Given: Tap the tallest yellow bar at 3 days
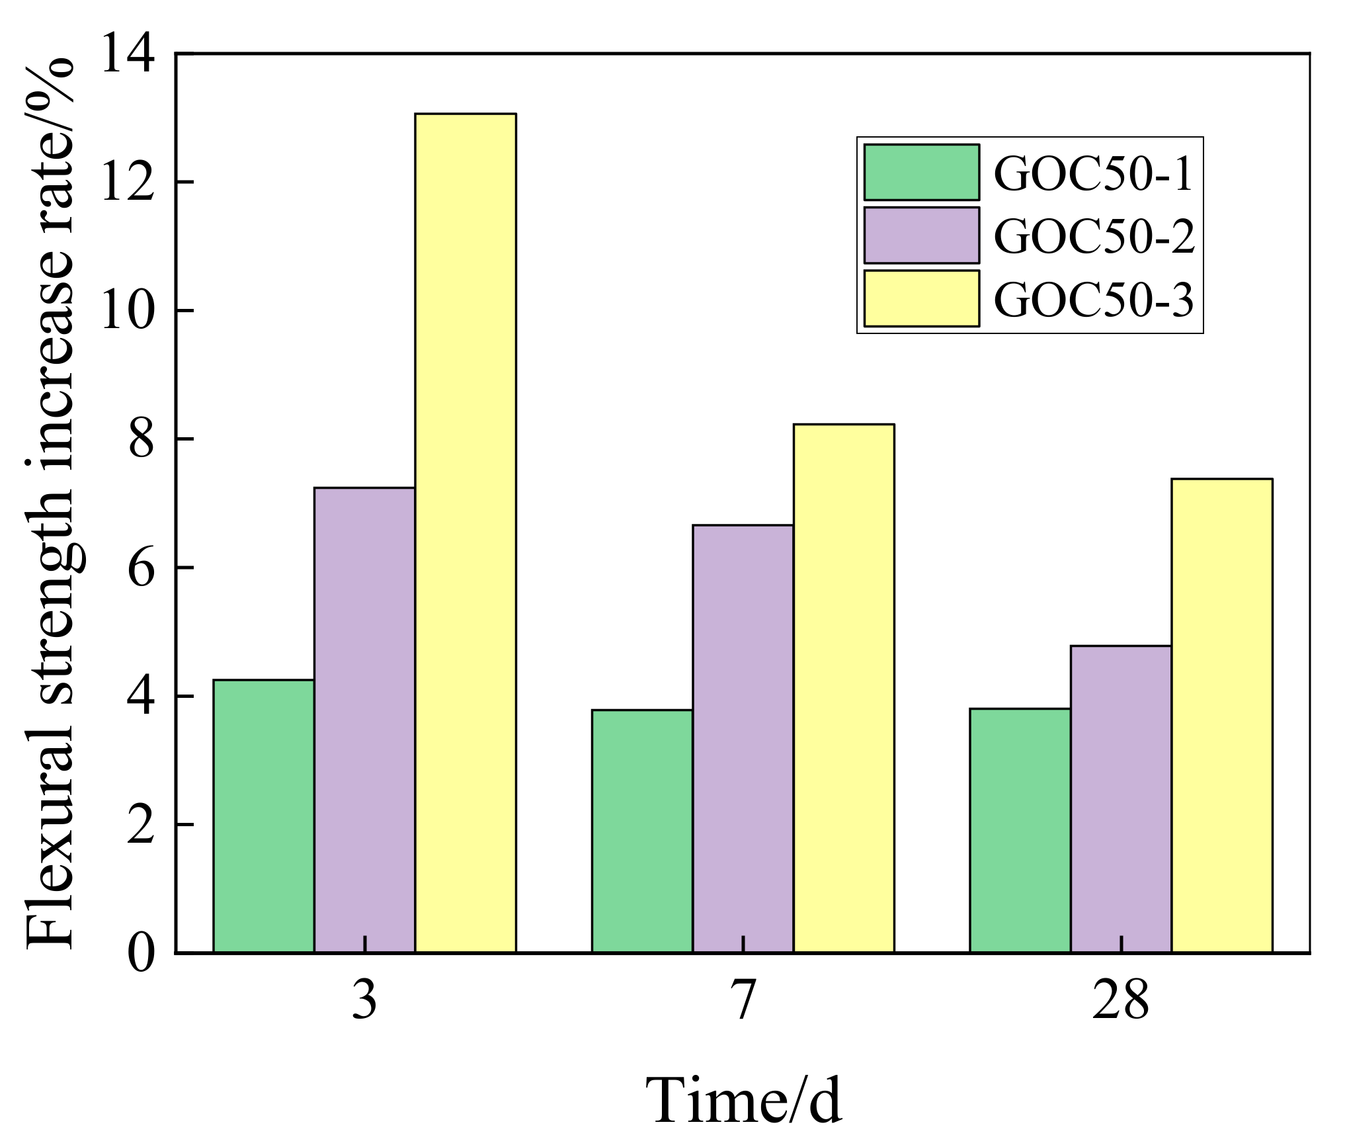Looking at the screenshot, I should pyautogui.click(x=465, y=532).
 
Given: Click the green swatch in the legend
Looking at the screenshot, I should pyautogui.click(x=921, y=172).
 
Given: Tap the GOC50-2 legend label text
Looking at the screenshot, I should pyautogui.click(x=1094, y=236).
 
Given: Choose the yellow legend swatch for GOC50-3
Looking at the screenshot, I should pyautogui.click(x=921, y=298).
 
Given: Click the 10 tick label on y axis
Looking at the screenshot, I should pyautogui.click(x=127, y=311).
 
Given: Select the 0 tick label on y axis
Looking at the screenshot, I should pyautogui.click(x=140, y=953).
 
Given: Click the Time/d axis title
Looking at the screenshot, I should pyautogui.click(x=743, y=1101).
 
